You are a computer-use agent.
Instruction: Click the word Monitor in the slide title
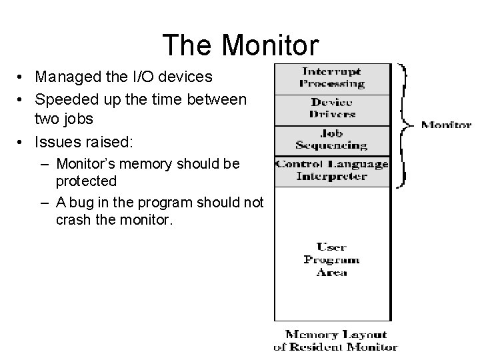[271, 45]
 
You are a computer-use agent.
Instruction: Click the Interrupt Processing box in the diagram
[331, 78]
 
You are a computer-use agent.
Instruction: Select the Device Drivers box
[331, 108]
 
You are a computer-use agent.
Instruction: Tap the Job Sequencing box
[331, 139]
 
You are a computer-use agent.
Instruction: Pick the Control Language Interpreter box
[331, 170]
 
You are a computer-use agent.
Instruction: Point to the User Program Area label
[331, 259]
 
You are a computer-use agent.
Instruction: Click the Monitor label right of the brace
[446, 124]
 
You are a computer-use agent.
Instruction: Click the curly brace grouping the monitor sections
[405, 125]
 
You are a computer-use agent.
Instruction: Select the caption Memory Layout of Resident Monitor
[335, 341]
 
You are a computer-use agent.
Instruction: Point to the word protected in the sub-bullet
[86, 181]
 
